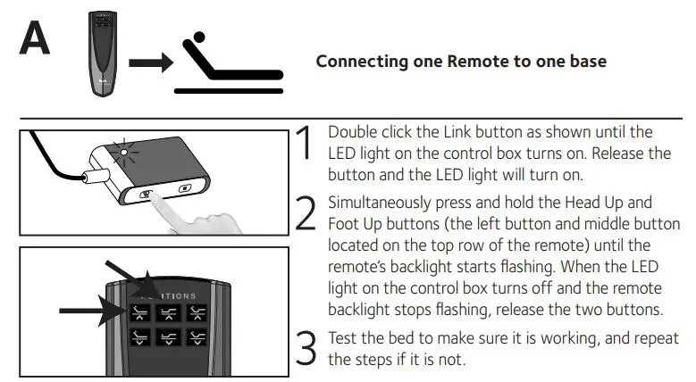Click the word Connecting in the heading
click(x=357, y=62)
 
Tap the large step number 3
click(x=306, y=348)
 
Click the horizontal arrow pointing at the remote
click(x=89, y=311)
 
